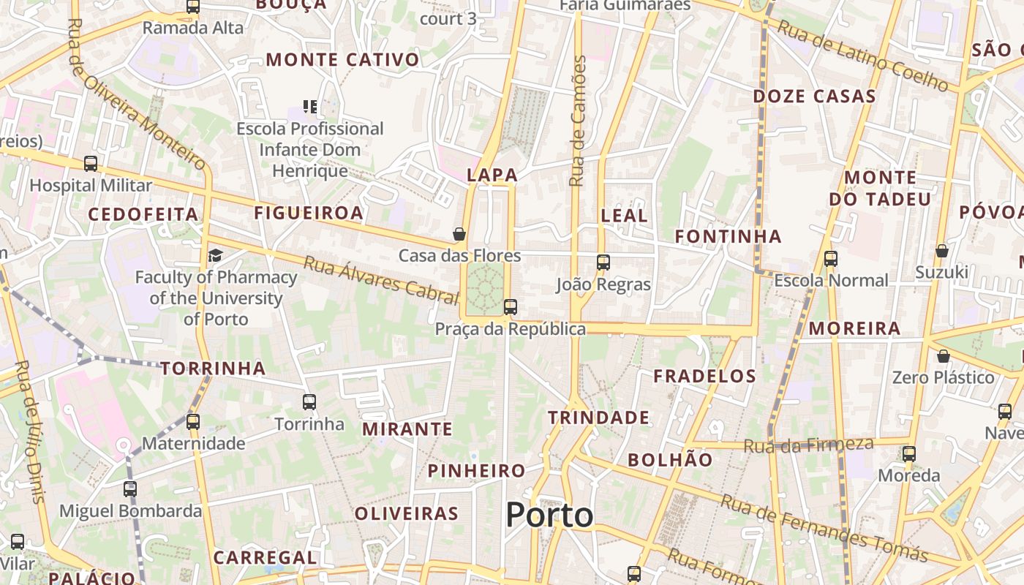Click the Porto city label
pos(549,516)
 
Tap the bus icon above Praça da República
pos(511,307)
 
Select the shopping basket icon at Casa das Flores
pos(459,234)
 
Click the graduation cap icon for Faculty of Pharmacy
pos(215,255)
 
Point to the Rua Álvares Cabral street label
pos(380,279)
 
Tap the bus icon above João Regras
pos(603,263)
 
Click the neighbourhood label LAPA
pos(492,175)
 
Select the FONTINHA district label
pos(728,236)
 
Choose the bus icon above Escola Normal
pos(831,258)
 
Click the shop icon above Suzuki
pos(942,251)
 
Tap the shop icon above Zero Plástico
pos(944,356)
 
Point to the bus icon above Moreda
pos(909,453)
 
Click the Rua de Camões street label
pos(579,121)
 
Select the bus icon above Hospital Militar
pos(91,164)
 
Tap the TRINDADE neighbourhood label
pos(598,418)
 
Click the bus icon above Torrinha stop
pos(309,401)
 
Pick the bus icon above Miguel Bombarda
pos(130,489)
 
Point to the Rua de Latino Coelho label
pos(863,56)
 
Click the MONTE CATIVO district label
pos(342,60)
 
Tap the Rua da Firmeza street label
pos(808,444)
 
